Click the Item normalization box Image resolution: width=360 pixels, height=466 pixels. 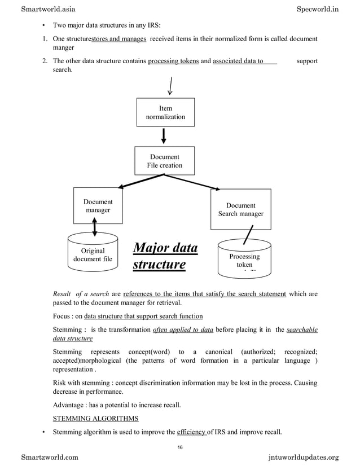[x=166, y=112]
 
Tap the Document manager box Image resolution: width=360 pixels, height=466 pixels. [x=98, y=206]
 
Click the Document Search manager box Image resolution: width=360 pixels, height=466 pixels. [x=240, y=209]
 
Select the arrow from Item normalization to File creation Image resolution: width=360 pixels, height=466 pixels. [x=164, y=136]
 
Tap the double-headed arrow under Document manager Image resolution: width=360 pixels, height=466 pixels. [x=94, y=227]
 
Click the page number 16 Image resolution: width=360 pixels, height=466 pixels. [x=180, y=447]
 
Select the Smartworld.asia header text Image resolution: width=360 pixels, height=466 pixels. [x=48, y=9]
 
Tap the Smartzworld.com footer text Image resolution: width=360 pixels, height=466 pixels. [x=50, y=457]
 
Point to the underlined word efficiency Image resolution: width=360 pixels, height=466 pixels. [x=191, y=432]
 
